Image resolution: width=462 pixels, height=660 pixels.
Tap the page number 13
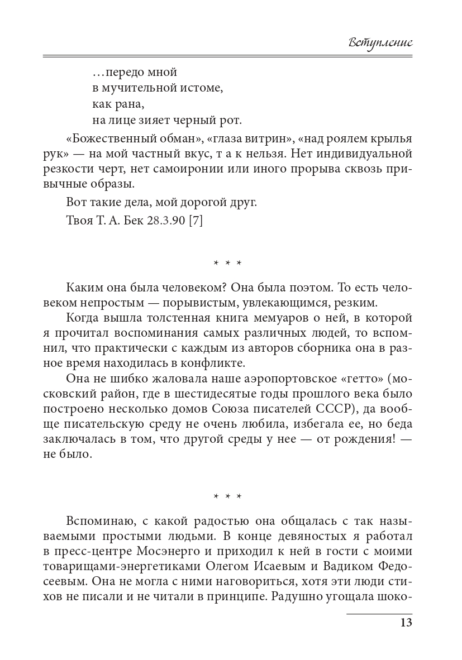[406, 623]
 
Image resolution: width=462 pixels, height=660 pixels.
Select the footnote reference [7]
[195, 221]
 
